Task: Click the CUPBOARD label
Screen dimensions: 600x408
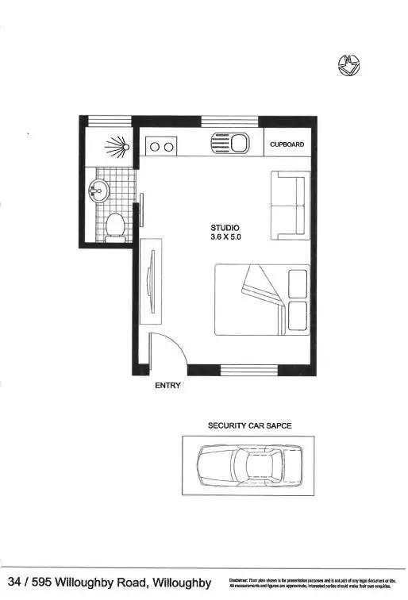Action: point(287,144)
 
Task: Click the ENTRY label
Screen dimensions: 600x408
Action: point(167,386)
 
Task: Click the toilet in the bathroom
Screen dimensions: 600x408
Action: point(116,226)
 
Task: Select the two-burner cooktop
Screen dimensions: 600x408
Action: point(161,146)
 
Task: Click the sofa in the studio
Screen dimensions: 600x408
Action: point(288,204)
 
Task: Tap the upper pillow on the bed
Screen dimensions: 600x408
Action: point(297,283)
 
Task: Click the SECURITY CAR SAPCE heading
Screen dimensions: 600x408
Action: point(249,426)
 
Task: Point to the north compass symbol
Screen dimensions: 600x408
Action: point(346,67)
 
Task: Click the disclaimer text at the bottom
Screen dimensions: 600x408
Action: point(311,583)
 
